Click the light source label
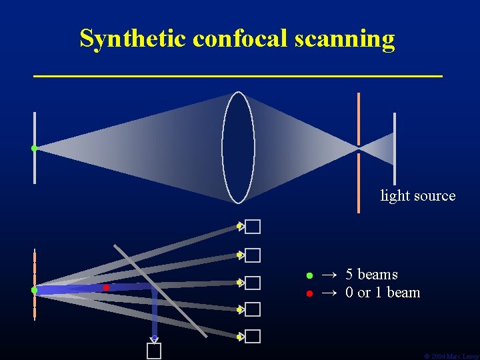point(417,196)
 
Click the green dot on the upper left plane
point(34,148)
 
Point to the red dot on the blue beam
point(106,287)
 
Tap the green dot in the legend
point(309,275)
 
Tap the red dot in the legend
point(309,293)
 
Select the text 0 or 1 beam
point(383,293)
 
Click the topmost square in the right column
point(252,227)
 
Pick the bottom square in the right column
point(252,337)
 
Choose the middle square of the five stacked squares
point(252,283)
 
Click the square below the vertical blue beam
point(154,351)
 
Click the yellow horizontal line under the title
point(238,77)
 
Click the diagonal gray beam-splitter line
point(161,289)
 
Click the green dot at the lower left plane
point(34,290)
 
